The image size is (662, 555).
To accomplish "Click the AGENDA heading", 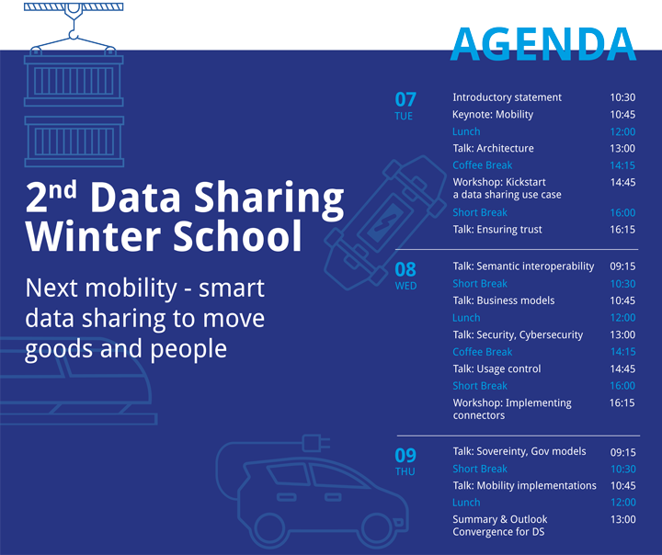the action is pyautogui.click(x=543, y=44).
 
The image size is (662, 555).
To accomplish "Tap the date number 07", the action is pyautogui.click(x=405, y=99).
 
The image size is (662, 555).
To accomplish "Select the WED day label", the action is pyautogui.click(x=405, y=286).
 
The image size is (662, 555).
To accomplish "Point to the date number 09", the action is pyautogui.click(x=405, y=456).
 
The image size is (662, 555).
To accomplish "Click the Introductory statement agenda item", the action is pyautogui.click(x=507, y=97).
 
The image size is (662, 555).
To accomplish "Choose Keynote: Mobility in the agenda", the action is pyautogui.click(x=493, y=114).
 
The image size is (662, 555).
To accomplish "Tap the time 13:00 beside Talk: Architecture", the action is pyautogui.click(x=622, y=149).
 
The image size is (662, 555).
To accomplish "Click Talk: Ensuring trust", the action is pyautogui.click(x=497, y=230).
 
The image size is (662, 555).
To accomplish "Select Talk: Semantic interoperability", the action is pyautogui.click(x=523, y=266).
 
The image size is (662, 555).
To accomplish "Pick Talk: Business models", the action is pyautogui.click(x=504, y=300).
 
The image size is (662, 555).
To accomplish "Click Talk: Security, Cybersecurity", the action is pyautogui.click(x=518, y=335).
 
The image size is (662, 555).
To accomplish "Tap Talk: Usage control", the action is pyautogui.click(x=496, y=368).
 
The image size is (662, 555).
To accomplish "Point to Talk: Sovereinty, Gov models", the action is pyautogui.click(x=519, y=451).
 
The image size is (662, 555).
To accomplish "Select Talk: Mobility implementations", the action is pyautogui.click(x=524, y=486).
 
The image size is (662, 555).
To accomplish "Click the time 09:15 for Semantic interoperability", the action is pyautogui.click(x=622, y=266).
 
